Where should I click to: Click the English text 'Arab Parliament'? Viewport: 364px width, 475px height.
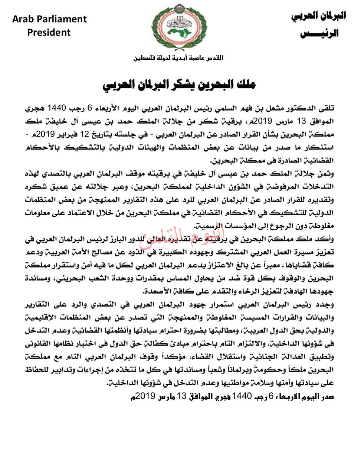tap(49, 19)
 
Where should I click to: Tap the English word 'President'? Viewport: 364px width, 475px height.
tap(49, 33)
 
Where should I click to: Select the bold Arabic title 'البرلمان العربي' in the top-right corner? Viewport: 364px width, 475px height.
tap(319, 16)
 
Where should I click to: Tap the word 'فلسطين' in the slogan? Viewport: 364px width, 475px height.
tap(146, 58)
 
